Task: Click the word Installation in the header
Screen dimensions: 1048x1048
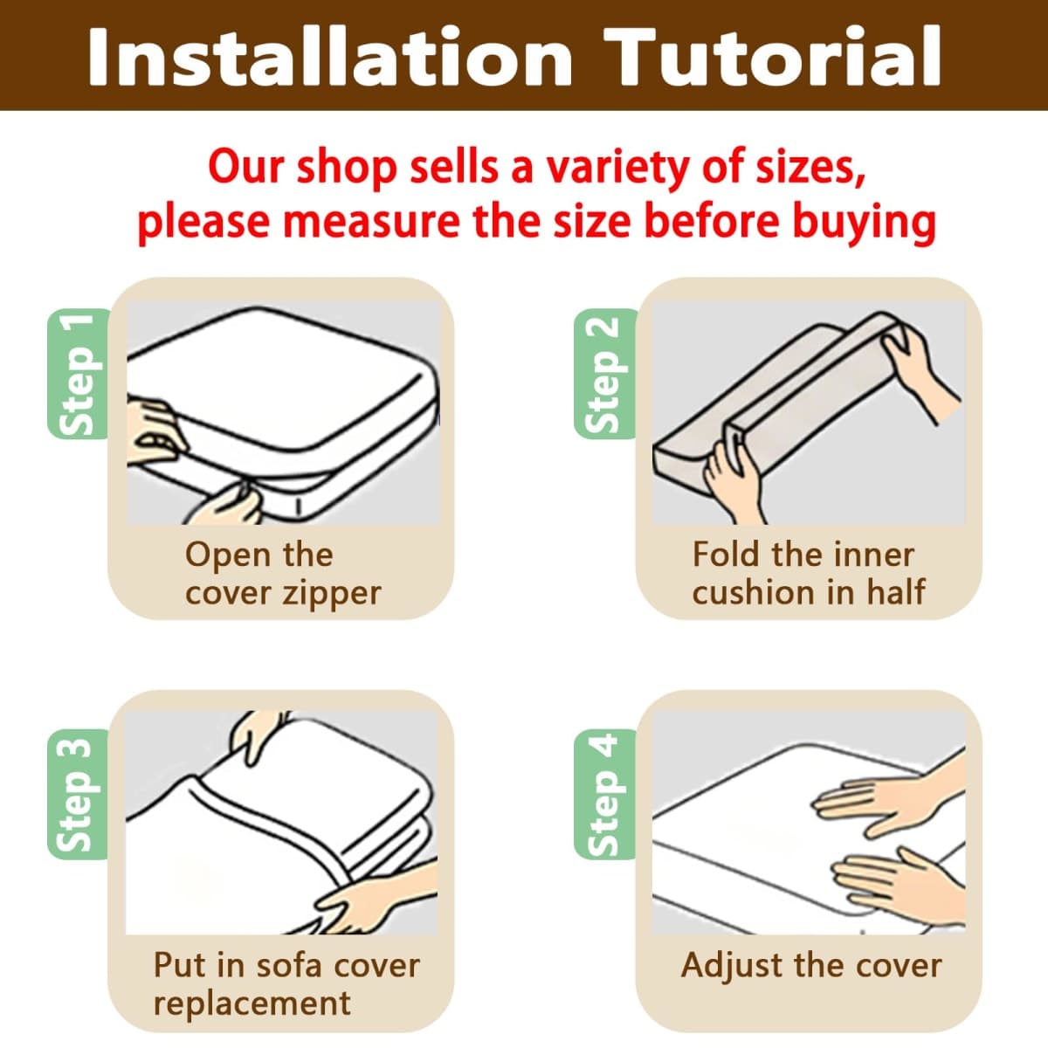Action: [330, 57]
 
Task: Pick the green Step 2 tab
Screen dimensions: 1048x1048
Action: [605, 374]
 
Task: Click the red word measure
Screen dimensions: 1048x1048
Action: [371, 222]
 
